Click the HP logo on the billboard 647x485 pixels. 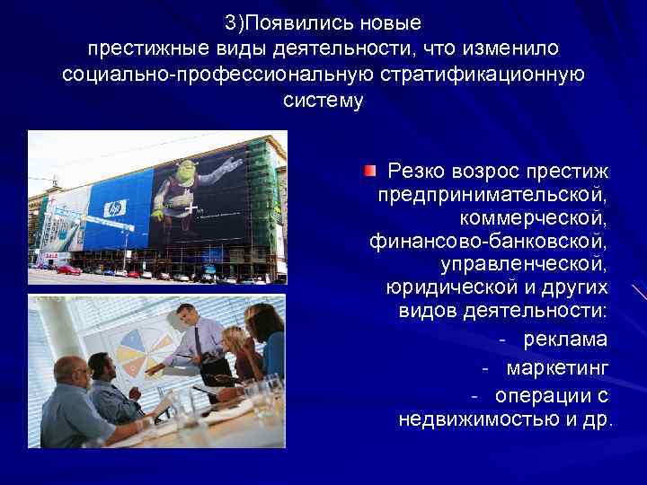(114, 207)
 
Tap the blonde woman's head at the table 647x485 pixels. (231, 340)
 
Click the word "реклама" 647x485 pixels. (565, 339)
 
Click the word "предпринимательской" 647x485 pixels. (492, 194)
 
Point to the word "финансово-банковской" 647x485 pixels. (488, 241)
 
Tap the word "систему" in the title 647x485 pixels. (323, 101)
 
